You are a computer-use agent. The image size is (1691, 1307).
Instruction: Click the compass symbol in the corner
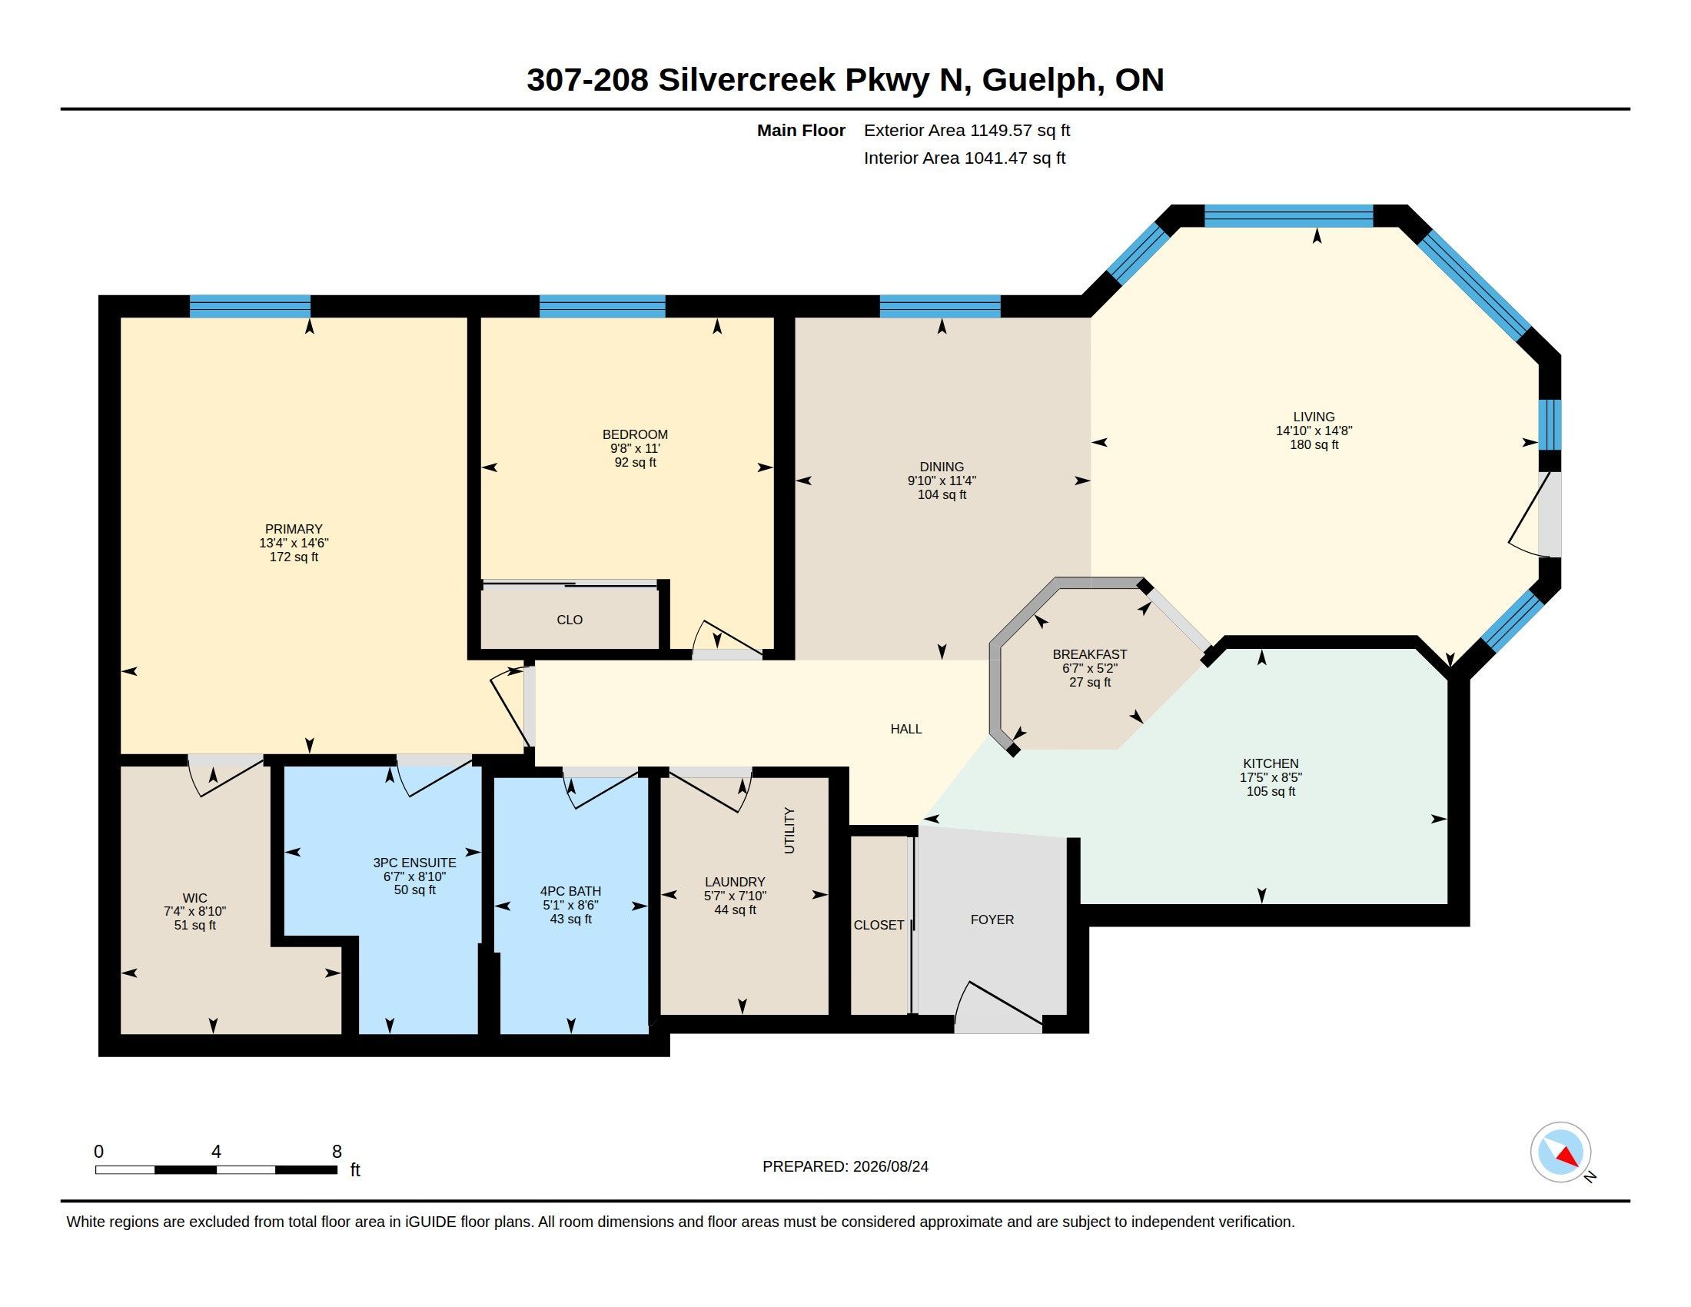coord(1560,1152)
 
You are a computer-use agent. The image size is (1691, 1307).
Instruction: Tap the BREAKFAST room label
coord(1089,654)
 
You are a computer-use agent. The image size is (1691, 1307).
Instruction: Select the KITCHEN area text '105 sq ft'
coord(1271,791)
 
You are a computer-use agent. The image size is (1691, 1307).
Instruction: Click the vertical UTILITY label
coord(789,831)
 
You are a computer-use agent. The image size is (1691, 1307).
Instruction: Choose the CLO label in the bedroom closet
coord(569,620)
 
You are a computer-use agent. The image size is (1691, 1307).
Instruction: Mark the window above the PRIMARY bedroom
coord(250,307)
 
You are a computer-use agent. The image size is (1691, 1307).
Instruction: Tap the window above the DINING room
coord(940,307)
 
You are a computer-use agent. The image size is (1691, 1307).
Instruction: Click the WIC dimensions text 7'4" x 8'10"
coord(194,911)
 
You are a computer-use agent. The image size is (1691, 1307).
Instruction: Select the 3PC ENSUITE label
coord(414,863)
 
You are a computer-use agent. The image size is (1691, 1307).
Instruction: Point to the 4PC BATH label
coord(570,891)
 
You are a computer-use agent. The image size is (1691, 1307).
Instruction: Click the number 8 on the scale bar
coord(337,1152)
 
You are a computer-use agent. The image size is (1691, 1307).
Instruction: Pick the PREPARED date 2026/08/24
coord(890,1166)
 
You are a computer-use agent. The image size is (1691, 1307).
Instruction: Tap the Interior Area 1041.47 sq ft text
coord(965,158)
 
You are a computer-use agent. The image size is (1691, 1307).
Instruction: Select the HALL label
coord(906,729)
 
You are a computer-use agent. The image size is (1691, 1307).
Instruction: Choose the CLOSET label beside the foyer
coord(879,925)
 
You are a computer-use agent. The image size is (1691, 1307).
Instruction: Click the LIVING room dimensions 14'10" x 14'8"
coord(1314,431)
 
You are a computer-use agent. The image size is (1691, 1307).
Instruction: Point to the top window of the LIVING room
coord(1288,216)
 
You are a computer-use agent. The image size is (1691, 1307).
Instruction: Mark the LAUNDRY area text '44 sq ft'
coord(735,910)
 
